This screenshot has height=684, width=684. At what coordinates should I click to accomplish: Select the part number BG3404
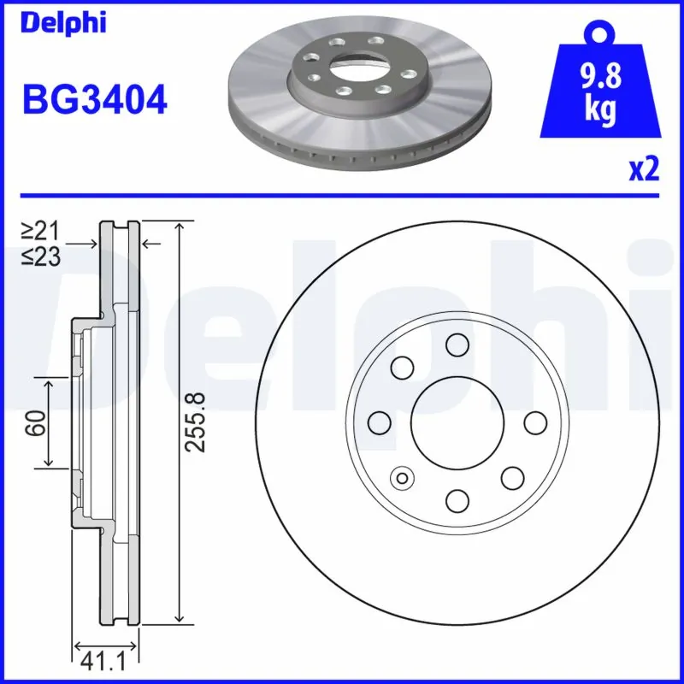click(94, 100)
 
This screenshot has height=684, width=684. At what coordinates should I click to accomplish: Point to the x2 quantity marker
click(644, 170)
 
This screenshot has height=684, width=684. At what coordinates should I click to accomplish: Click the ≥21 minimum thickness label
click(40, 230)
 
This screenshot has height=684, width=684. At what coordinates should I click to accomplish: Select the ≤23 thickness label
click(40, 256)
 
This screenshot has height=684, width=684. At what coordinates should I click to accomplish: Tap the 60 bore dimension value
click(35, 422)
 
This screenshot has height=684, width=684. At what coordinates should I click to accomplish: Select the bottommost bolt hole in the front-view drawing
click(458, 501)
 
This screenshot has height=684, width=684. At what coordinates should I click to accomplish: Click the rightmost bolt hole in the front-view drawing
click(535, 422)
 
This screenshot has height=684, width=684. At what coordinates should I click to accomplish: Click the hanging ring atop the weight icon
click(600, 33)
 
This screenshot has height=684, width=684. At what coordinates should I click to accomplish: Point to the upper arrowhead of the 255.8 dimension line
click(178, 226)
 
